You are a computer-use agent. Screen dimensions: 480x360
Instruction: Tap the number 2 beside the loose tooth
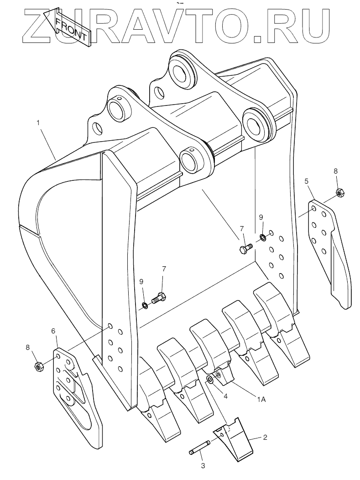pos(265,437)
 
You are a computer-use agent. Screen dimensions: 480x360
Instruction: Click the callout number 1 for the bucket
pos(38,122)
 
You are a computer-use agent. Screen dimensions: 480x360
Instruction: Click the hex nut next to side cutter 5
pos(339,192)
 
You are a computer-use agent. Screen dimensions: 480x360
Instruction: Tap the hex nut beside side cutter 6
pos(39,366)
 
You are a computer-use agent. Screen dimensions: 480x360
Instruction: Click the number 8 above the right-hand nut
pos(336,171)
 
